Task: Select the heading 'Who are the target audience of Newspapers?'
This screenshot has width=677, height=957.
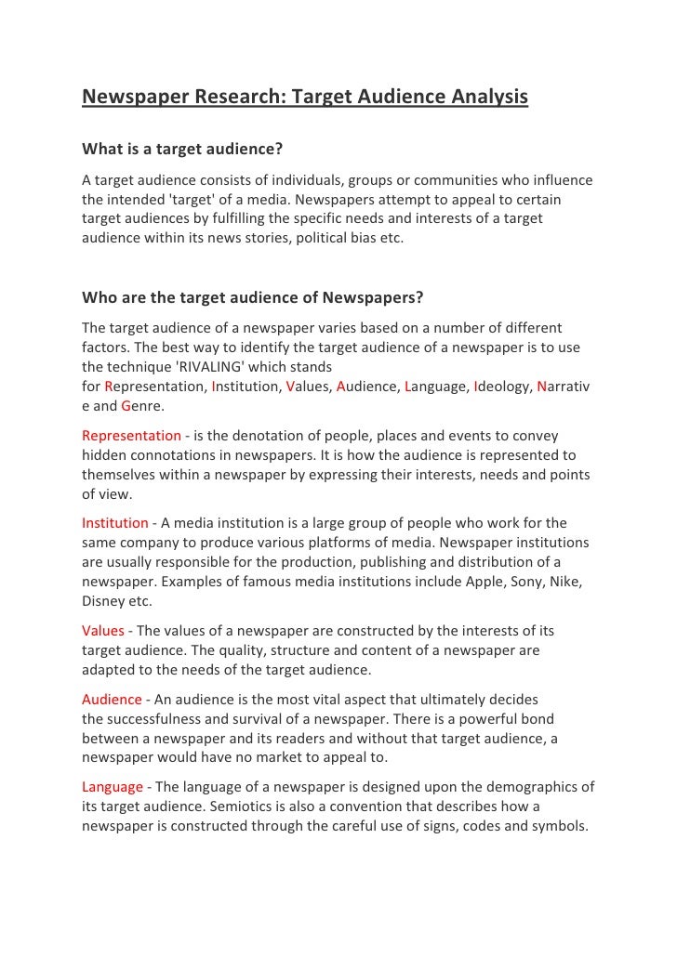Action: pyautogui.click(x=253, y=298)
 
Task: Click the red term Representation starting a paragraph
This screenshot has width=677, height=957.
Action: pyautogui.click(x=131, y=435)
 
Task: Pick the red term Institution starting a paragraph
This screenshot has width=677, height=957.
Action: pyautogui.click(x=115, y=522)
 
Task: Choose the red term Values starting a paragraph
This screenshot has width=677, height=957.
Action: pyautogui.click(x=103, y=630)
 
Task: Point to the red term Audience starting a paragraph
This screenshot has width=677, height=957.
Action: pyautogui.click(x=112, y=699)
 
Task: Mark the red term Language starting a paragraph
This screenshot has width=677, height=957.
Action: pyautogui.click(x=113, y=786)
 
